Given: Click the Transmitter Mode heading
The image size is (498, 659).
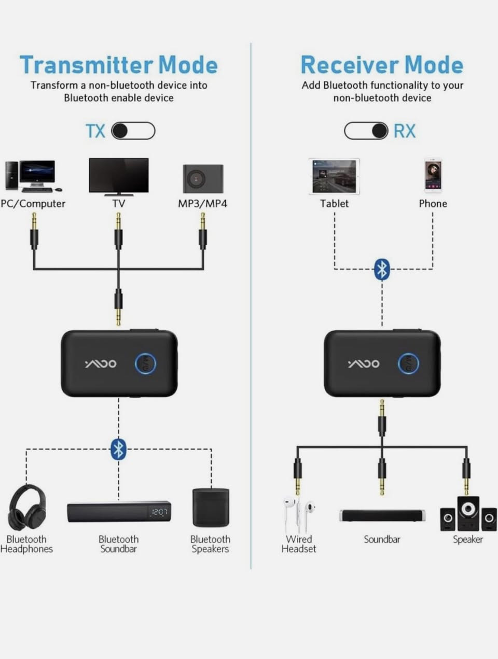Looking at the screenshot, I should click(119, 65).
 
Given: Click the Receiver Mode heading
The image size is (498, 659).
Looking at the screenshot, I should click(382, 65).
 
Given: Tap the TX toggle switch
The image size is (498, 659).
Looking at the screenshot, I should click(133, 131).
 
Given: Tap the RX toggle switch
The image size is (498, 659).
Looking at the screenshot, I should click(366, 131).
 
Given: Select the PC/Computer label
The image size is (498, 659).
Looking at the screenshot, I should click(33, 204).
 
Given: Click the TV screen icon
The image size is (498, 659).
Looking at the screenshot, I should click(118, 176).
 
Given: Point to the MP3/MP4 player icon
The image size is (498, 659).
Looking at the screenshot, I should click(203, 179).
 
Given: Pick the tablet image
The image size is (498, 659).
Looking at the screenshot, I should click(334, 176).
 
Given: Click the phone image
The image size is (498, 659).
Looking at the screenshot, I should click(433, 176).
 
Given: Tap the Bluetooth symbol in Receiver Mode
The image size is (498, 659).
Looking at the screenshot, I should click(382, 269).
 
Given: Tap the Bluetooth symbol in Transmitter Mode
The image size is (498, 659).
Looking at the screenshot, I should click(118, 449).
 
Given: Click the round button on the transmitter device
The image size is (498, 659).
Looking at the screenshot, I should click(146, 363).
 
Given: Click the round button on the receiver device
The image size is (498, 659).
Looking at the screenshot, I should click(409, 363).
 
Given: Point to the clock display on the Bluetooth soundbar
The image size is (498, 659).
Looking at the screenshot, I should click(159, 512).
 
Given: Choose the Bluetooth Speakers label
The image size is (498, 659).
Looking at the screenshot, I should click(210, 544).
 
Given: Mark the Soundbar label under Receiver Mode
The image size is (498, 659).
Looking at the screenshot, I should click(382, 539).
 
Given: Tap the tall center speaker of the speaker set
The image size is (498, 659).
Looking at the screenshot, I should click(468, 513).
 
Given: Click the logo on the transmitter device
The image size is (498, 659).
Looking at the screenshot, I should click(101, 363).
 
